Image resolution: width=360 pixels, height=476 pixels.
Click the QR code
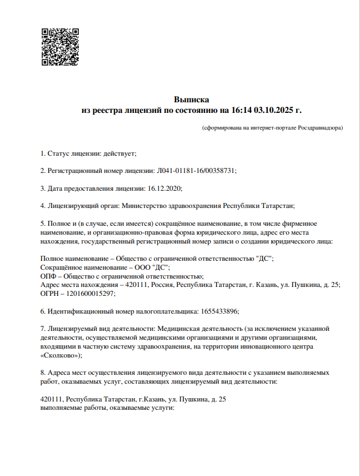[x=61, y=47]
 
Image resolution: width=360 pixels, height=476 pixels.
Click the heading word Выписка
[x=191, y=100]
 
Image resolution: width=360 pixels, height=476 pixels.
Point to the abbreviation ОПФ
[x=48, y=276]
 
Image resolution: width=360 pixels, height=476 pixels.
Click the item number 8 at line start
[x=43, y=373]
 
